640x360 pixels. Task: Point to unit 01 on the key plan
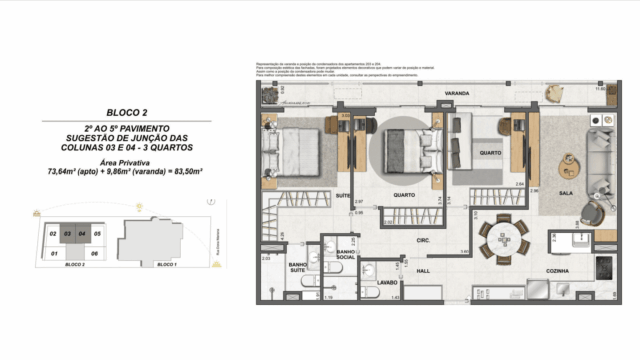(52, 254)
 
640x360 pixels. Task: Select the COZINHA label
(557, 271)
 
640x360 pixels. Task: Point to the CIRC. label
(423, 240)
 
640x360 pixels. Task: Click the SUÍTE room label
(341, 195)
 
